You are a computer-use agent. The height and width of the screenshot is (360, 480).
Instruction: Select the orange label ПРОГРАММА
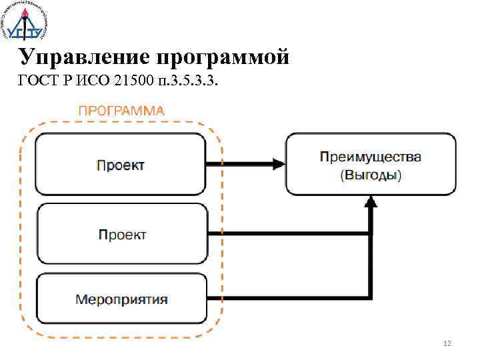pyautogui.click(x=121, y=111)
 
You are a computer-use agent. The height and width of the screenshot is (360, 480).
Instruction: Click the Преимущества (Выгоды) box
pyautogui.click(x=371, y=164)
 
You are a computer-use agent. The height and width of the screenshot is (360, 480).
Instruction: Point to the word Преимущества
pyautogui.click(x=371, y=157)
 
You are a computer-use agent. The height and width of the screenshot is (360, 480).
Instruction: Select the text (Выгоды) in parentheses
pyautogui.click(x=371, y=175)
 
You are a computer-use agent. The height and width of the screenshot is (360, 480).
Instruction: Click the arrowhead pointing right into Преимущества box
pyautogui.click(x=277, y=163)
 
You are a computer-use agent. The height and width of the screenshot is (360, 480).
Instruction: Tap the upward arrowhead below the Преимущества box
pyautogui.click(x=371, y=203)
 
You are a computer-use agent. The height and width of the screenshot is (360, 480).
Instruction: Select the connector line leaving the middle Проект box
pyautogui.click(x=287, y=233)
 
